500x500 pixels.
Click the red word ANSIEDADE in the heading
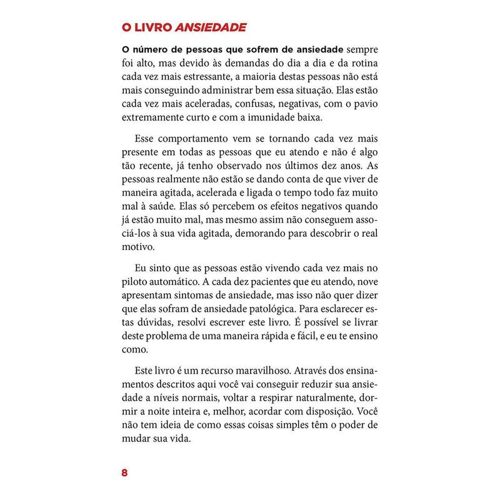pyautogui.click(x=211, y=27)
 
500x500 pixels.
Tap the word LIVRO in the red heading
pyautogui.click(x=152, y=27)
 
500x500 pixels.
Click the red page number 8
pyautogui.click(x=124, y=472)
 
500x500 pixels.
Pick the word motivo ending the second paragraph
pyautogui.click(x=136, y=247)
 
